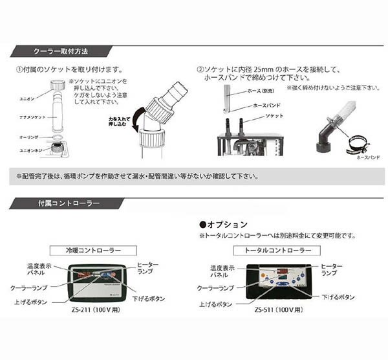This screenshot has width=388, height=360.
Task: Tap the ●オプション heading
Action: [x=222, y=224]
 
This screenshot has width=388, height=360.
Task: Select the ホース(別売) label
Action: [x=260, y=91]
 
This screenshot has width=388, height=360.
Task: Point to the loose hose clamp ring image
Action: [x=357, y=147]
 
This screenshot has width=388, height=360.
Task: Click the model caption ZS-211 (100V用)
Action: [x=94, y=309]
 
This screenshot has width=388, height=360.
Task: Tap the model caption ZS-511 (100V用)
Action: [x=280, y=309]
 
